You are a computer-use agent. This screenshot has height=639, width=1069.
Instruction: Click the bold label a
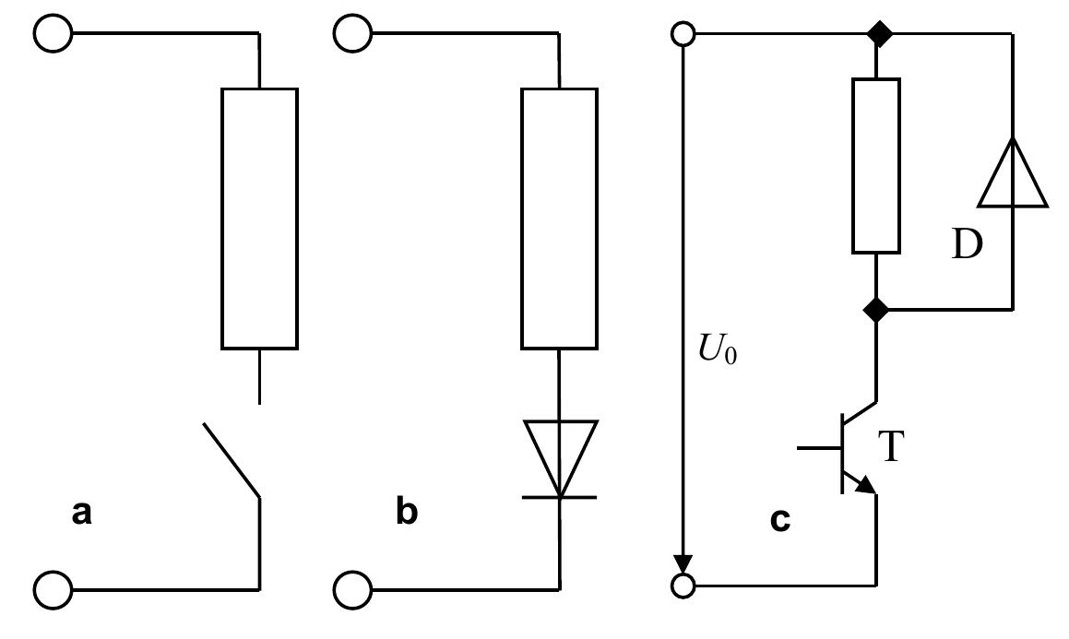pyautogui.click(x=82, y=513)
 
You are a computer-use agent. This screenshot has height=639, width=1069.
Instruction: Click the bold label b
pyautogui.click(x=406, y=513)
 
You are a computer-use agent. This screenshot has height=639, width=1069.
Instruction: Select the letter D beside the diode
pyautogui.click(x=967, y=246)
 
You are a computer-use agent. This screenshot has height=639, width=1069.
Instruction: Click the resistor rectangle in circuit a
pyautogui.click(x=259, y=219)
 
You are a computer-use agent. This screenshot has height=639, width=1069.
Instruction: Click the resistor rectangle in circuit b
pyautogui.click(x=560, y=219)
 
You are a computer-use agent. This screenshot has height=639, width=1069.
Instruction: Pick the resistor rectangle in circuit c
pyautogui.click(x=874, y=166)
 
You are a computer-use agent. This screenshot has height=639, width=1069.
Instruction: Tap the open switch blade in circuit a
pyautogui.click(x=231, y=460)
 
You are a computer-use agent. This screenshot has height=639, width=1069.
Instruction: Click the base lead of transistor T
pyautogui.click(x=819, y=448)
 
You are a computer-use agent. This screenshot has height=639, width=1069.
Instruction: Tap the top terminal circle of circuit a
pyautogui.click(x=53, y=34)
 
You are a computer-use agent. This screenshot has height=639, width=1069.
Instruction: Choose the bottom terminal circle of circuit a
pyautogui.click(x=53, y=587)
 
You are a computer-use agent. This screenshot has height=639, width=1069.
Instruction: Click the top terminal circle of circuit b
pyautogui.click(x=352, y=34)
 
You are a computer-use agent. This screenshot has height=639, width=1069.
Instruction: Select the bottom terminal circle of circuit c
pyautogui.click(x=683, y=585)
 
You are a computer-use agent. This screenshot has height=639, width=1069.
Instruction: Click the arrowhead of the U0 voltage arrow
pyautogui.click(x=683, y=563)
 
